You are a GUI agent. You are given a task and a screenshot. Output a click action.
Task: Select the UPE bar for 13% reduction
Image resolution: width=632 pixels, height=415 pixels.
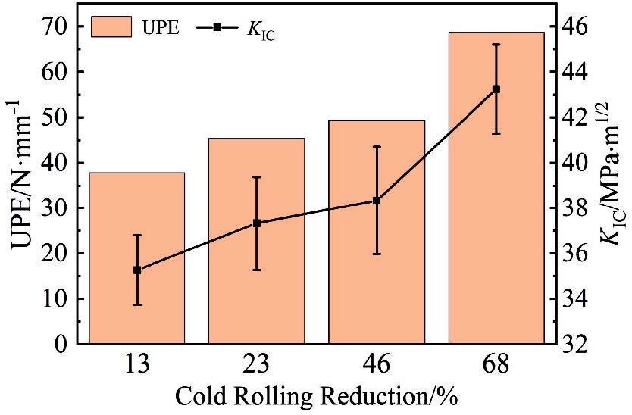click(137, 303)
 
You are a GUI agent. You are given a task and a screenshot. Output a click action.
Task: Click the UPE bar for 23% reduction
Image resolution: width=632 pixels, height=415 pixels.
click(257, 303)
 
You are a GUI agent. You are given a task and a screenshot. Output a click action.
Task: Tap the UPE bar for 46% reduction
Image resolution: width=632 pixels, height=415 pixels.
click(377, 303)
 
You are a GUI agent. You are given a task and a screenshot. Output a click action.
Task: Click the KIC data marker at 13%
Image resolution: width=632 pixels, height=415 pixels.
click(137, 270)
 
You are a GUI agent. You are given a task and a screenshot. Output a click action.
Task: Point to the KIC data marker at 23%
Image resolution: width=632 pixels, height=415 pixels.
click(257, 223)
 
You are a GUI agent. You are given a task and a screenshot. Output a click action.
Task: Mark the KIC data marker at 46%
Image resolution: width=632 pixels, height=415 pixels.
click(377, 201)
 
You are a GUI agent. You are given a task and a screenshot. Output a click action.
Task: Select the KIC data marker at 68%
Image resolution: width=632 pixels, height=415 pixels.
click(496, 89)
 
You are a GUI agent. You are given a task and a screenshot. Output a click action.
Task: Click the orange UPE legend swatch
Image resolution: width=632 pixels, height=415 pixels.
click(111, 27)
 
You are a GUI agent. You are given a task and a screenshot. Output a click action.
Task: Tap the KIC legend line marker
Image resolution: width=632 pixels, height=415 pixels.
click(217, 27)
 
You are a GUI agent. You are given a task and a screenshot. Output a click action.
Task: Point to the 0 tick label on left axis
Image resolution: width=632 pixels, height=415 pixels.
click(64, 344)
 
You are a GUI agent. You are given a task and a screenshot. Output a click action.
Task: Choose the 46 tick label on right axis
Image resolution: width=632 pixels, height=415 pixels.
click(580, 27)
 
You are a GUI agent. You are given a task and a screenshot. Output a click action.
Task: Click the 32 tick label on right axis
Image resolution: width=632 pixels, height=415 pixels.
click(580, 344)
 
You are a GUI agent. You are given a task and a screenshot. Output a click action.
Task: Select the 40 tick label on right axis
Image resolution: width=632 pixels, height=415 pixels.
click(580, 163)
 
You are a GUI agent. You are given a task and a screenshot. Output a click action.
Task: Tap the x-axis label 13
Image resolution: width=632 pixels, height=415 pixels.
click(137, 365)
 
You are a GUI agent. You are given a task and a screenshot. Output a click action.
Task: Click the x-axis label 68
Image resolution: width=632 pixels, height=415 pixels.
click(496, 365)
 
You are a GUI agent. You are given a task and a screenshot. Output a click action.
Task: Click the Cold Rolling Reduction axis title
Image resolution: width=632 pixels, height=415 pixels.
click(316, 397)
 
